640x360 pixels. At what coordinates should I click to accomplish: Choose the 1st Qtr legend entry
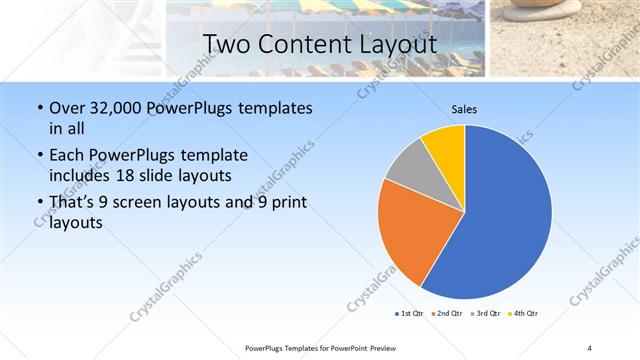411,313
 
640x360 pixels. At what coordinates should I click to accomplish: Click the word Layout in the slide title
397,44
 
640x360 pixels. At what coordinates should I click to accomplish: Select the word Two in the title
226,44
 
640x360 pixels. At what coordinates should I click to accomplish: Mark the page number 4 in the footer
589,347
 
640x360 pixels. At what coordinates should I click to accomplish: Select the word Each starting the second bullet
67,155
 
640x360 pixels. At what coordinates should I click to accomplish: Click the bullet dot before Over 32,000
39,108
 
